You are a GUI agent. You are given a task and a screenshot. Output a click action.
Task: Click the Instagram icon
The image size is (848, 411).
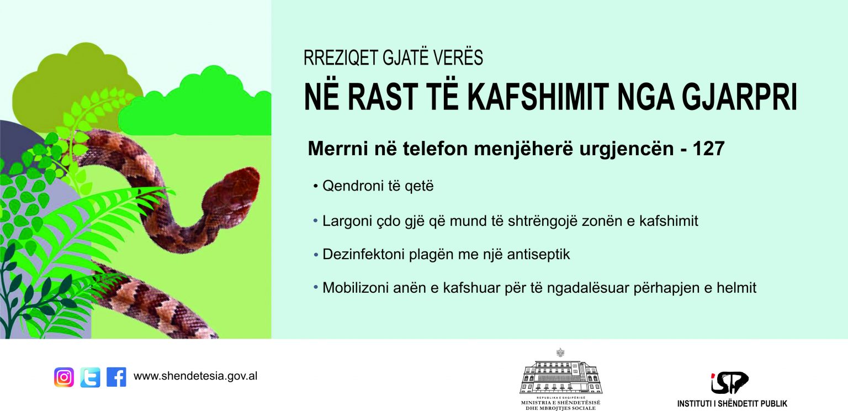(x=64, y=377)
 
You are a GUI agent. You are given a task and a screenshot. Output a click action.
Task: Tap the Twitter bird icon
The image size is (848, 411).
(x=90, y=377)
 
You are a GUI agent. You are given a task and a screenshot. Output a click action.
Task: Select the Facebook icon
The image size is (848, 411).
(x=116, y=377)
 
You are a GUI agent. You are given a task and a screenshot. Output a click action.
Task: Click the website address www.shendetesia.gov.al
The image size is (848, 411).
(x=195, y=376)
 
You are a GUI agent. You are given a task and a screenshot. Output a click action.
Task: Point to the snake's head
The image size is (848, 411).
(x=232, y=193)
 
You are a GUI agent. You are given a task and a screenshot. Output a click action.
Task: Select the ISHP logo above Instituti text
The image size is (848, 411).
(x=729, y=383)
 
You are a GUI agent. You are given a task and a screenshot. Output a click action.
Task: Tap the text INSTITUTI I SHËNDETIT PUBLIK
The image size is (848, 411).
(x=732, y=404)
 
